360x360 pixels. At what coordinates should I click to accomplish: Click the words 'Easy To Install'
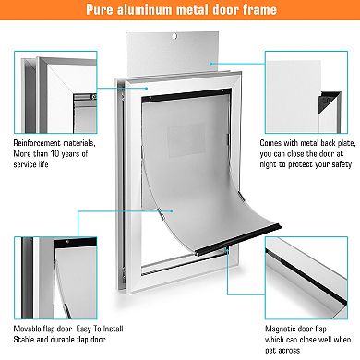tap(104, 329)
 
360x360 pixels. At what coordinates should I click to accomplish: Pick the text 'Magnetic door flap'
tap(298, 329)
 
